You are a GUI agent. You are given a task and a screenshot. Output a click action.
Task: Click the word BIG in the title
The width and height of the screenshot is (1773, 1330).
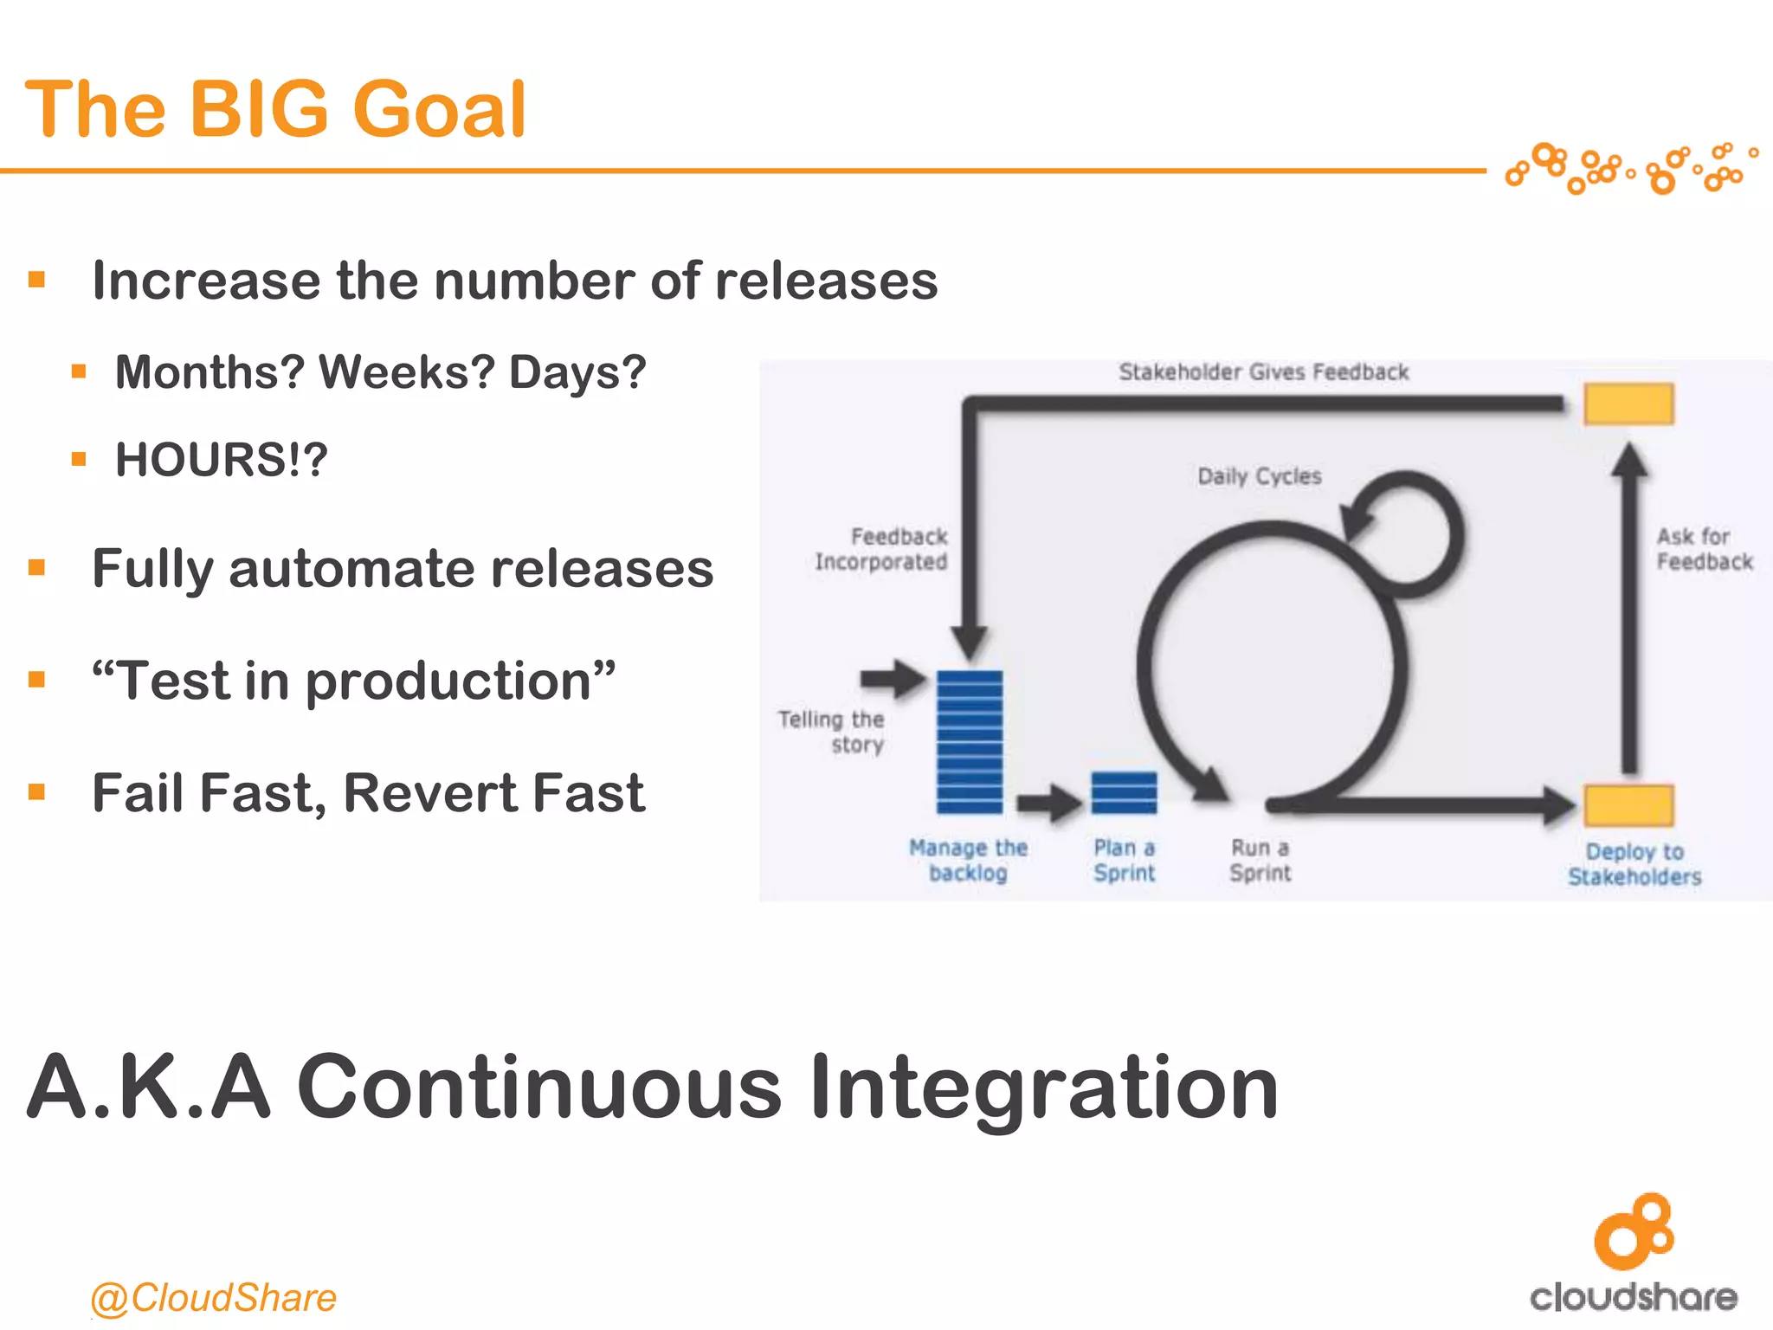tap(259, 109)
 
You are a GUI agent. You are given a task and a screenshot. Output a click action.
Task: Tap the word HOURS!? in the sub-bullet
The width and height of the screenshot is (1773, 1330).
tap(222, 459)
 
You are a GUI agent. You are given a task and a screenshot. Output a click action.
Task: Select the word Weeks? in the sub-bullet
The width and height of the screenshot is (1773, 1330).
tap(407, 372)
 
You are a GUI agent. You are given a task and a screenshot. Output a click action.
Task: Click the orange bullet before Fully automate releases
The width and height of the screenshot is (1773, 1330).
tap(36, 568)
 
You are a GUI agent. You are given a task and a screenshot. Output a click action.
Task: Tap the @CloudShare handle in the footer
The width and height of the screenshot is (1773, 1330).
tap(213, 1297)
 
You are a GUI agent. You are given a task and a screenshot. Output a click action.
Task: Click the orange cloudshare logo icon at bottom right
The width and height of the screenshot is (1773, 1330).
tap(1634, 1230)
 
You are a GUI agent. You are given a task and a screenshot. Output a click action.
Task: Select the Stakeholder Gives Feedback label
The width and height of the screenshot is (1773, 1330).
tap(1263, 372)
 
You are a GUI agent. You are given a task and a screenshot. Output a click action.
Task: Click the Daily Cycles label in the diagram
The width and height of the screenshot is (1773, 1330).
tap(1259, 476)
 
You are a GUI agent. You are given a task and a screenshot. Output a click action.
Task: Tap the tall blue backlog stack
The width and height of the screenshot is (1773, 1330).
tap(970, 742)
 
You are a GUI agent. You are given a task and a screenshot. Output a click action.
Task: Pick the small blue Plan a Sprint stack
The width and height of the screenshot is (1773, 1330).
tap(1124, 792)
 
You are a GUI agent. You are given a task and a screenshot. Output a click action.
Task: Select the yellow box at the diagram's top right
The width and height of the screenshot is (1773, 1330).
tap(1628, 404)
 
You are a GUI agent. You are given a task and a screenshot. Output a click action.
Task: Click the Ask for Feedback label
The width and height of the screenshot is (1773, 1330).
tap(1703, 549)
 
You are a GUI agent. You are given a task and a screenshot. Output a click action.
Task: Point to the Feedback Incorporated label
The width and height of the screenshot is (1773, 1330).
tap(881, 549)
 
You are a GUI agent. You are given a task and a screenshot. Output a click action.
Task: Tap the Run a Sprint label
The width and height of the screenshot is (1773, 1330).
tap(1260, 860)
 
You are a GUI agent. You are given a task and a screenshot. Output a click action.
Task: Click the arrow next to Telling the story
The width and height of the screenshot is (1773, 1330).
tap(892, 678)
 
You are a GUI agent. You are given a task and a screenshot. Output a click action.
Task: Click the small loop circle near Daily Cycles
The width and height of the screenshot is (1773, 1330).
tap(1406, 533)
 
